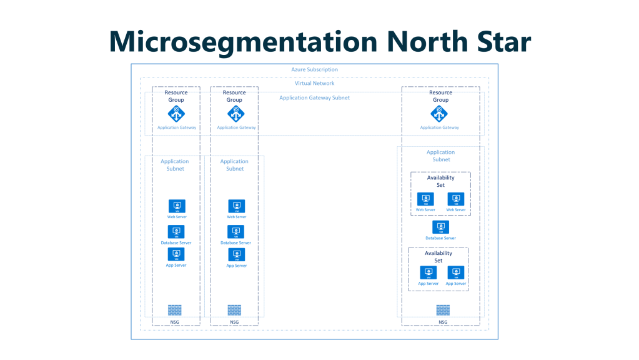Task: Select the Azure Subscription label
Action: click(314, 69)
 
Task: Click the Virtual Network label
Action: click(314, 83)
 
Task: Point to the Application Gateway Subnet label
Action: click(314, 97)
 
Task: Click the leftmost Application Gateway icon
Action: click(177, 114)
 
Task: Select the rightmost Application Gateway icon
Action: click(439, 114)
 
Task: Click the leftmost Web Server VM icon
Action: click(177, 206)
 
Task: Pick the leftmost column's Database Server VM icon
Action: click(177, 231)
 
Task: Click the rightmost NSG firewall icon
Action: click(443, 309)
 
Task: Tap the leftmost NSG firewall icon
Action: click(175, 309)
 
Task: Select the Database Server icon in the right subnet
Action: click(440, 227)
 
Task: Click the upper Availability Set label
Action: click(440, 181)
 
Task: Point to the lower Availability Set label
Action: click(438, 257)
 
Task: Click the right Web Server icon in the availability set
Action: click(456, 199)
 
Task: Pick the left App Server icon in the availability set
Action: click(428, 273)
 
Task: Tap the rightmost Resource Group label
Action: click(440, 96)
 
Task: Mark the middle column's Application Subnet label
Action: click(235, 165)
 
